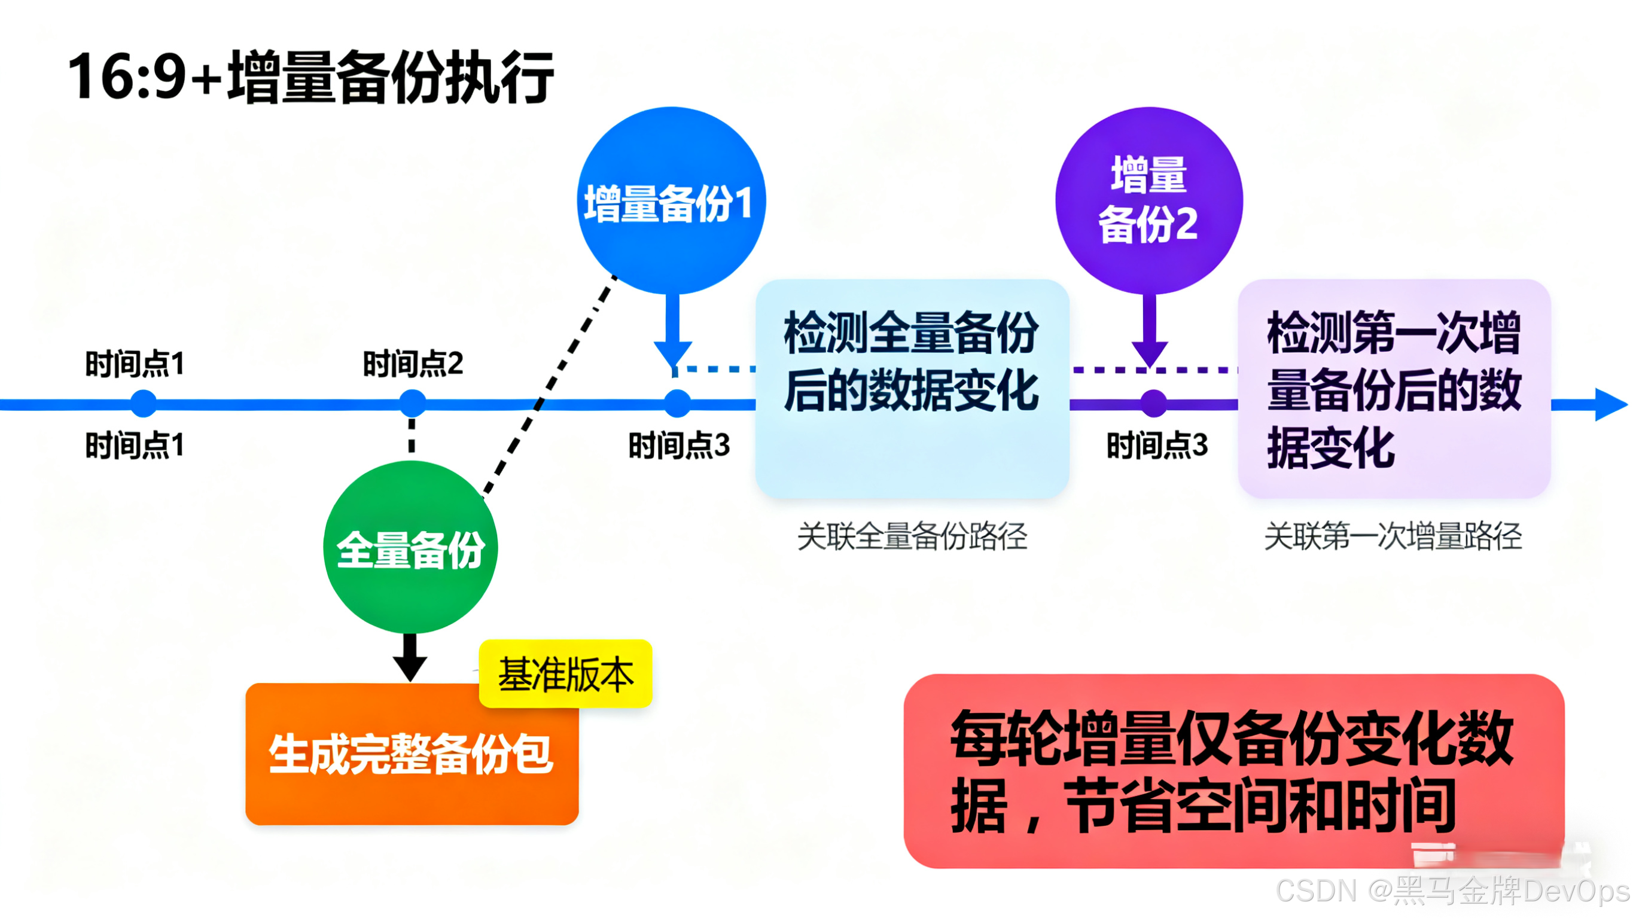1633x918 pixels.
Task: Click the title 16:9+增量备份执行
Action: click(x=310, y=77)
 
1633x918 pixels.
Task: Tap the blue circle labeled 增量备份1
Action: click(x=671, y=201)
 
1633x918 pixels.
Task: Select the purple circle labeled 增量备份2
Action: click(x=1148, y=200)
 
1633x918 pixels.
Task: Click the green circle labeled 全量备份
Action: click(x=410, y=547)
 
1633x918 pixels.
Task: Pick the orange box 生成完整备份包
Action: click(x=412, y=754)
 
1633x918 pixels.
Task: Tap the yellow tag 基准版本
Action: click(x=565, y=674)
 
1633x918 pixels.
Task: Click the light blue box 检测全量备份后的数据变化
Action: click(x=912, y=388)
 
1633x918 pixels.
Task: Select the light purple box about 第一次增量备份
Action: click(x=1394, y=388)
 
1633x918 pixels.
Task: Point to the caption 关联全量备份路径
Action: click(x=912, y=536)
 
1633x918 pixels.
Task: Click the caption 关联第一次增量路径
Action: click(x=1393, y=536)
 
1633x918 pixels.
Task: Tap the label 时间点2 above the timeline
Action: click(x=413, y=364)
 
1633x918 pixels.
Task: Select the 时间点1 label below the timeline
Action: click(x=135, y=445)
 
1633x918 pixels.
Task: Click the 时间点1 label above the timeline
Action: click(x=135, y=364)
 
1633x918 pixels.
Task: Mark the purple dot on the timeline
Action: click(x=1153, y=403)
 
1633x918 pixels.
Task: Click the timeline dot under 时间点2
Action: click(x=413, y=403)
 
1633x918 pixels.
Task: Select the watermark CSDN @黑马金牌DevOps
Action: click(x=1452, y=890)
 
